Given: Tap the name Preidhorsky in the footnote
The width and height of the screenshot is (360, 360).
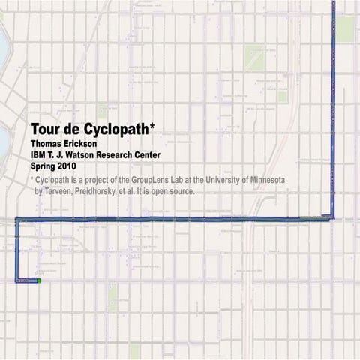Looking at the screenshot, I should click(x=108, y=191).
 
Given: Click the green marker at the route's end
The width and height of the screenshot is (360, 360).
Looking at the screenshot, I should click(x=38, y=280).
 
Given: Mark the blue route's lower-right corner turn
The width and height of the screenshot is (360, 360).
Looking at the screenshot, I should click(x=332, y=218).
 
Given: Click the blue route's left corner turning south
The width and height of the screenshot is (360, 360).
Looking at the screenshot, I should click(x=17, y=220).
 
